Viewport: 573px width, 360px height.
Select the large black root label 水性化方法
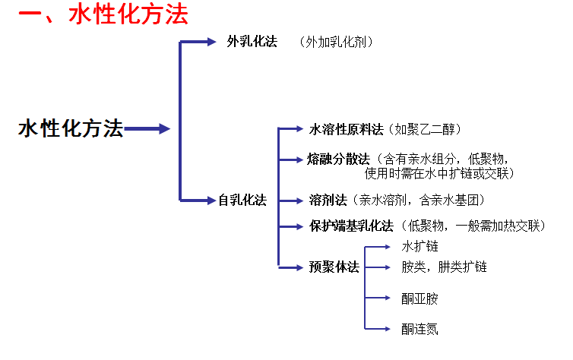pyautogui.click(x=70, y=129)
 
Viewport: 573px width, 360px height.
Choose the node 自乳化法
pyautogui.click(x=242, y=201)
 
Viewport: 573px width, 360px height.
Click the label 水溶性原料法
pyautogui.click(x=346, y=130)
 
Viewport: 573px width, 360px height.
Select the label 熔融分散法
pyautogui.click(x=338, y=159)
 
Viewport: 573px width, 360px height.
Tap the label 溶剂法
pyautogui.click(x=328, y=201)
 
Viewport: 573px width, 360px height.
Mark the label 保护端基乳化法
pyautogui.click(x=351, y=226)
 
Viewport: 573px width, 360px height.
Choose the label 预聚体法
pyautogui.click(x=334, y=267)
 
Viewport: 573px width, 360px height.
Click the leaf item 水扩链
pyautogui.click(x=419, y=247)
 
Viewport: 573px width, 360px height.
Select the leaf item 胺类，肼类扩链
pyautogui.click(x=444, y=267)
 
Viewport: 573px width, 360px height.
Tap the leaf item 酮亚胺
pyautogui.click(x=419, y=298)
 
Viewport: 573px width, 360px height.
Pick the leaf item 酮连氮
pyautogui.click(x=419, y=329)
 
